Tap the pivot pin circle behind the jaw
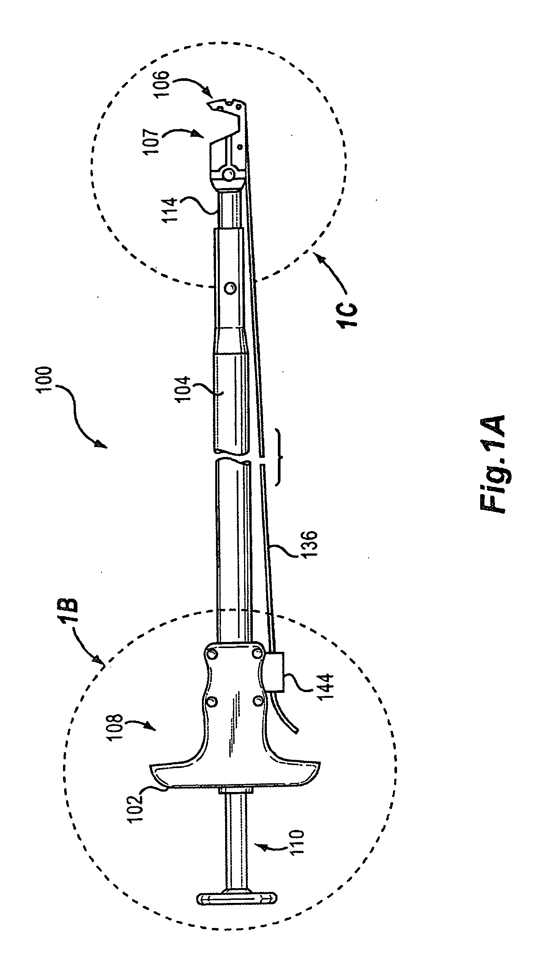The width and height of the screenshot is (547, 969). click(229, 175)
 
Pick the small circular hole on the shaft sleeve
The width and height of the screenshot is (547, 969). click(229, 288)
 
